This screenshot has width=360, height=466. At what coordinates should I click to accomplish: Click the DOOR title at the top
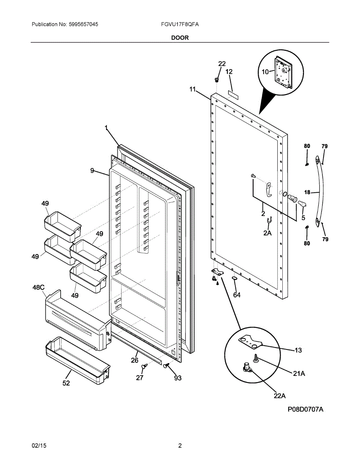tap(180, 38)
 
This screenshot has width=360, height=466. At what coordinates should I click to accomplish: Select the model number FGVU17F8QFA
tap(180, 24)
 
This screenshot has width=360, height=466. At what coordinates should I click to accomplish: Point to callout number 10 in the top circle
tap(264, 71)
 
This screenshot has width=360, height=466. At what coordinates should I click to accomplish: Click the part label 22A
tap(279, 396)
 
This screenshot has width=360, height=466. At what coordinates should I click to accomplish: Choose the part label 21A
tap(299, 374)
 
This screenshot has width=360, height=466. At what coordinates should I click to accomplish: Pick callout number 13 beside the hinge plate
tap(298, 350)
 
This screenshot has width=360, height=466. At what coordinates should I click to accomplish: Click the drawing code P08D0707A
tap(306, 410)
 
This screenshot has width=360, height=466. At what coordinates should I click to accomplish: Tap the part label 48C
tap(38, 287)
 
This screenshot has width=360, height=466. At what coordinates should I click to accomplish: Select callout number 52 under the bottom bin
tap(66, 383)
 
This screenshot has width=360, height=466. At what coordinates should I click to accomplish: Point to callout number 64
tap(237, 295)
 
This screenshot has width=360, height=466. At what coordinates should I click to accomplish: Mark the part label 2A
tap(267, 233)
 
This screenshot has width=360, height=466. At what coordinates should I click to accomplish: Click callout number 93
tap(177, 378)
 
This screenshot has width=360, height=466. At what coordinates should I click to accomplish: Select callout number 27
tap(140, 377)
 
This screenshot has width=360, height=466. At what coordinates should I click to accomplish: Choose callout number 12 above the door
tap(229, 71)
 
